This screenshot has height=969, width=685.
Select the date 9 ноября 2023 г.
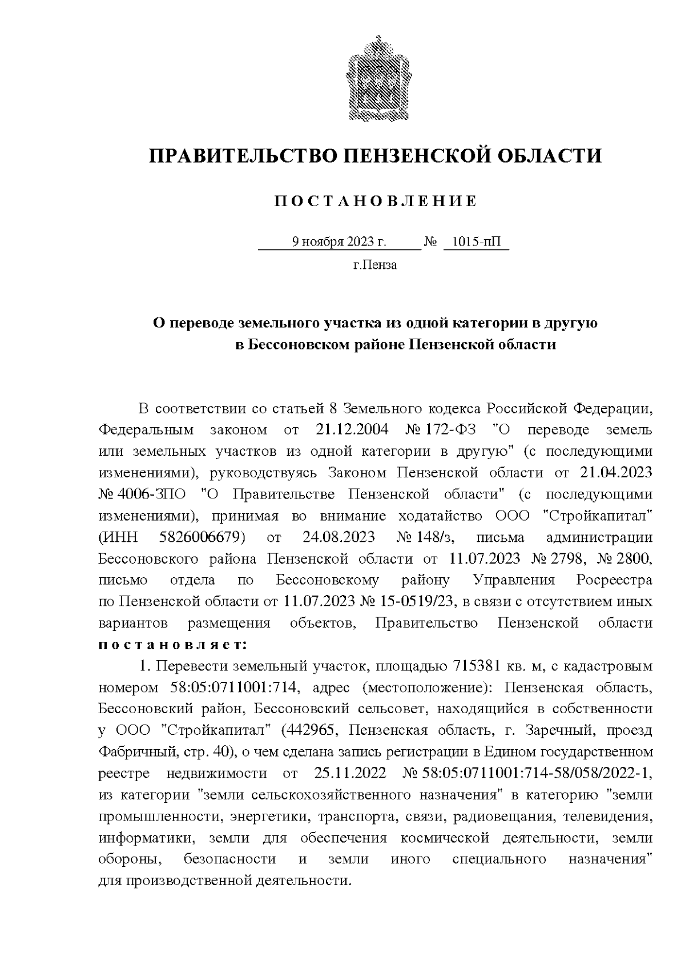click(x=339, y=242)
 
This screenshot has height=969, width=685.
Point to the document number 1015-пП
click(x=476, y=242)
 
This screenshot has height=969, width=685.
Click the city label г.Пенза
click(x=375, y=265)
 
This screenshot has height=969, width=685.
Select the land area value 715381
click(x=477, y=666)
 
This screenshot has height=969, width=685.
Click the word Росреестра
click(x=614, y=581)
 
